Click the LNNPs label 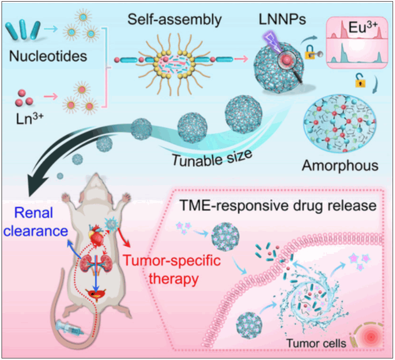280,19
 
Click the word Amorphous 340,165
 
